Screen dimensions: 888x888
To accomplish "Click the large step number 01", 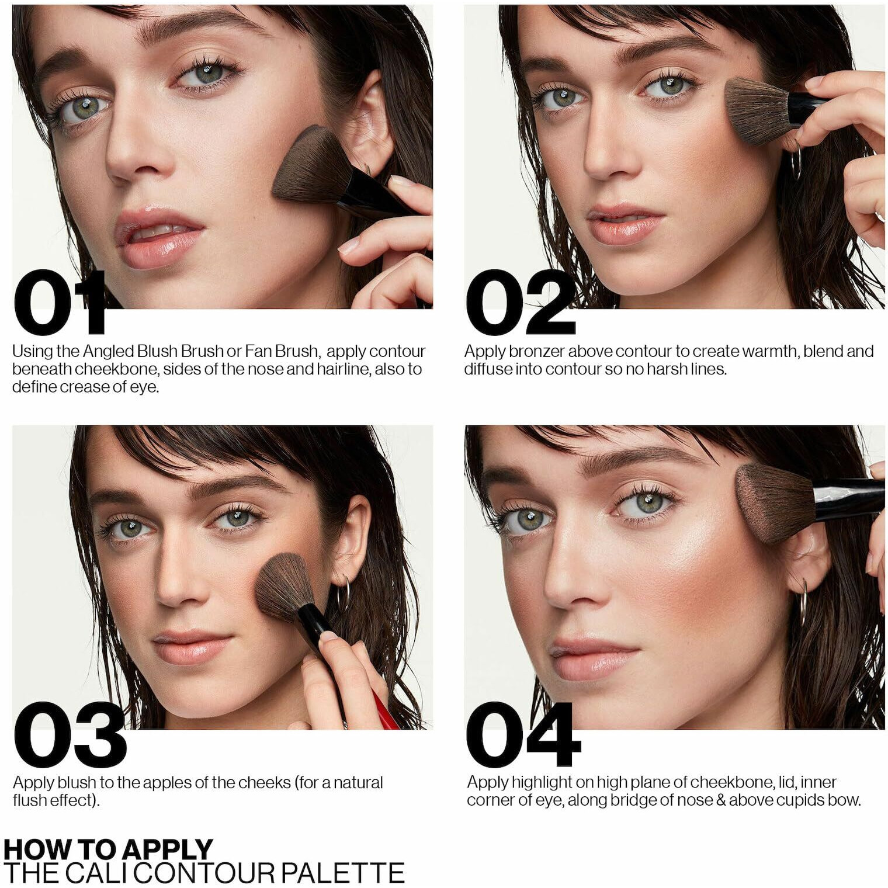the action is tap(60, 302).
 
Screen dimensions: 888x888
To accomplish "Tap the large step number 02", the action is tap(521, 302).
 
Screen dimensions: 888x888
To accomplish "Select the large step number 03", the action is tap(70, 734).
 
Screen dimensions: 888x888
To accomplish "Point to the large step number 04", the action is tap(523, 734).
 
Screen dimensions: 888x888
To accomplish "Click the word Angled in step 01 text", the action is tap(108, 352).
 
